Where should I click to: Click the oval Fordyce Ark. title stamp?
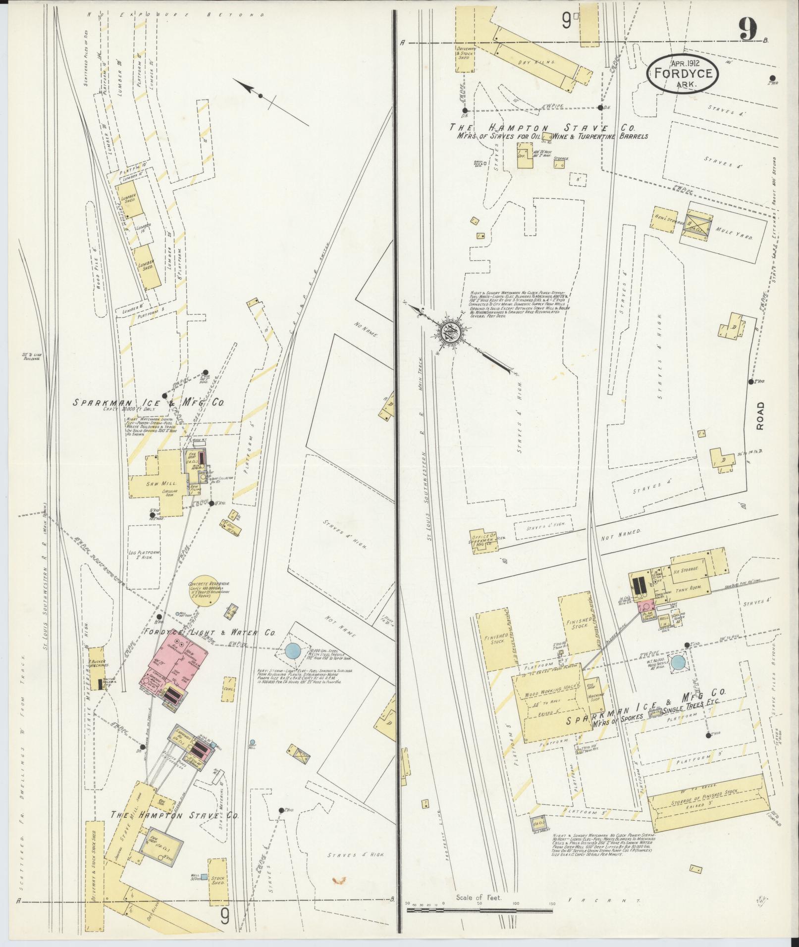tap(682, 73)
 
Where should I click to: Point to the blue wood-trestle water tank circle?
tap(678, 663)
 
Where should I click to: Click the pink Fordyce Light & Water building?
tap(173, 663)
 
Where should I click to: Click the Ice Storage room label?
tap(686, 569)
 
